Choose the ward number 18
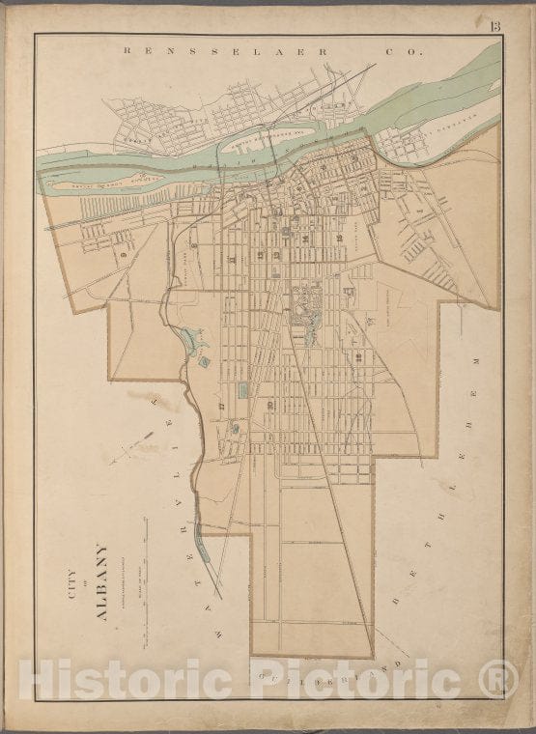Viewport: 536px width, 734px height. click(358, 357)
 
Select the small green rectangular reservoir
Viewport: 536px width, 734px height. click(242, 389)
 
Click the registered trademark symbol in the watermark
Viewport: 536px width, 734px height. click(498, 679)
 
